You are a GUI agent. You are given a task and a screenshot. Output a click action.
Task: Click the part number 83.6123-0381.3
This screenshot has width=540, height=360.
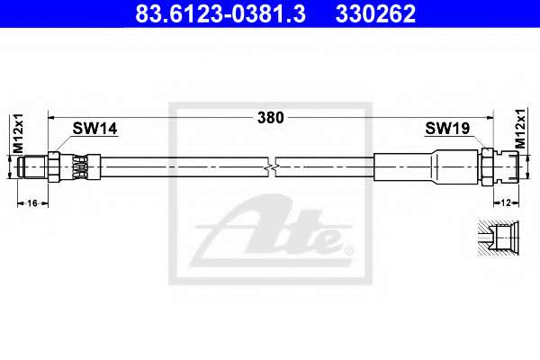click(x=220, y=13)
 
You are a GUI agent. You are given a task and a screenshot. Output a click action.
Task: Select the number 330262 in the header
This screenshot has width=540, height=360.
click(x=375, y=13)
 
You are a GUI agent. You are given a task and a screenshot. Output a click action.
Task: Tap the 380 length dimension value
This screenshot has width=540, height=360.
click(x=271, y=118)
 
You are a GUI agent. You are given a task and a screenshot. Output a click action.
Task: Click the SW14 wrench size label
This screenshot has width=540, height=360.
click(x=94, y=129)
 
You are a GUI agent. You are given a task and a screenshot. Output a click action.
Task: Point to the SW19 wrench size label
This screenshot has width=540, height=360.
click(x=447, y=129)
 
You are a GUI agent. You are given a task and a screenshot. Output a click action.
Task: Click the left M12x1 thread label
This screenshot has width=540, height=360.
click(x=18, y=133)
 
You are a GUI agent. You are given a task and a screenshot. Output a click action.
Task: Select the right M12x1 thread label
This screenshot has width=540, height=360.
click(x=520, y=129)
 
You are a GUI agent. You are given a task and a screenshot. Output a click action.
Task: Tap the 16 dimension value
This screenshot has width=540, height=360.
click(x=32, y=203)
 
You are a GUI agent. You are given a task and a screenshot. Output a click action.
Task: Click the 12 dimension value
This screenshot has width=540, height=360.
click(x=506, y=202)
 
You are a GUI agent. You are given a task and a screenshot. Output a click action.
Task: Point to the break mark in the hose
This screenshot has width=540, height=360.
click(x=272, y=167)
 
